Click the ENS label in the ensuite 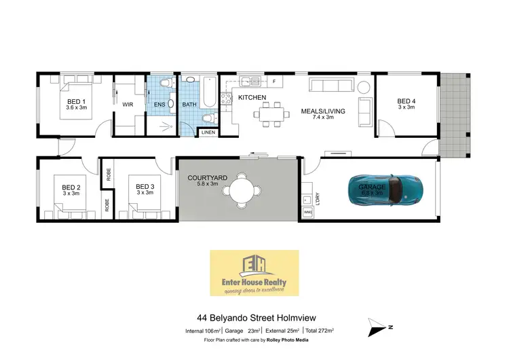159,105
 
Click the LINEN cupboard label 208,132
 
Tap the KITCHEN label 252,98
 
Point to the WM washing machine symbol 307,213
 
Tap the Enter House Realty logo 254,272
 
